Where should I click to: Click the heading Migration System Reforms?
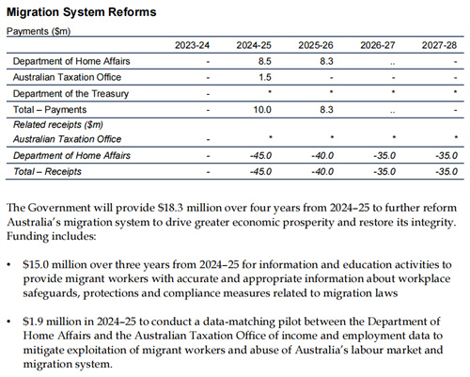(82, 12)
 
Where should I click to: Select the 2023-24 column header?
(192, 45)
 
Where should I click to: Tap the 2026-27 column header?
(378, 45)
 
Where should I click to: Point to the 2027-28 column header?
(439, 45)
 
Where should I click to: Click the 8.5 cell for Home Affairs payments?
(265, 61)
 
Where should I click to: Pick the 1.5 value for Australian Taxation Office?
(265, 77)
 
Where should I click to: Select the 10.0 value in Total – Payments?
(262, 110)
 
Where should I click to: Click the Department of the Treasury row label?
(70, 94)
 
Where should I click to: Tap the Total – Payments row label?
(50, 110)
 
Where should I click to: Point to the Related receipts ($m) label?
(58, 125)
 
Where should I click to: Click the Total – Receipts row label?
(47, 172)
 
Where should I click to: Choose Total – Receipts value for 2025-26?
(322, 172)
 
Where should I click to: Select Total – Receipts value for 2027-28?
(446, 172)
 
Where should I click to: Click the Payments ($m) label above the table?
(39, 31)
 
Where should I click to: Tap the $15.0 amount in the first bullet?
(36, 265)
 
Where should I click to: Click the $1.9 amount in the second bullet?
(33, 322)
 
